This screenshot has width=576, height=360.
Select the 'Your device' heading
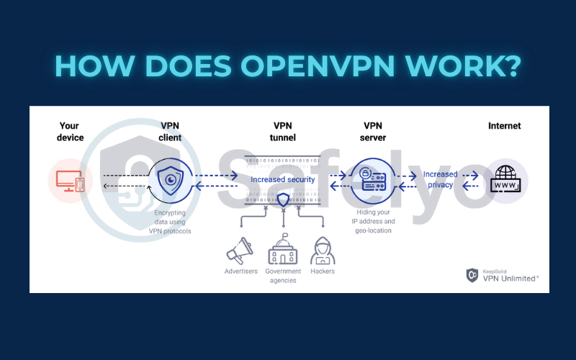[x=71, y=132]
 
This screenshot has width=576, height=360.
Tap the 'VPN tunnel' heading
[x=283, y=132]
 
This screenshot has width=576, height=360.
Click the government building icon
[x=282, y=249]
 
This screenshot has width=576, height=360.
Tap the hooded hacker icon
[x=323, y=250]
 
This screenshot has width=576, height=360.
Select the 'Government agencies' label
[x=282, y=276]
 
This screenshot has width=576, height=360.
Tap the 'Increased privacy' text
[x=440, y=179]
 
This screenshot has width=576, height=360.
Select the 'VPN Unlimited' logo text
[x=510, y=276]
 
